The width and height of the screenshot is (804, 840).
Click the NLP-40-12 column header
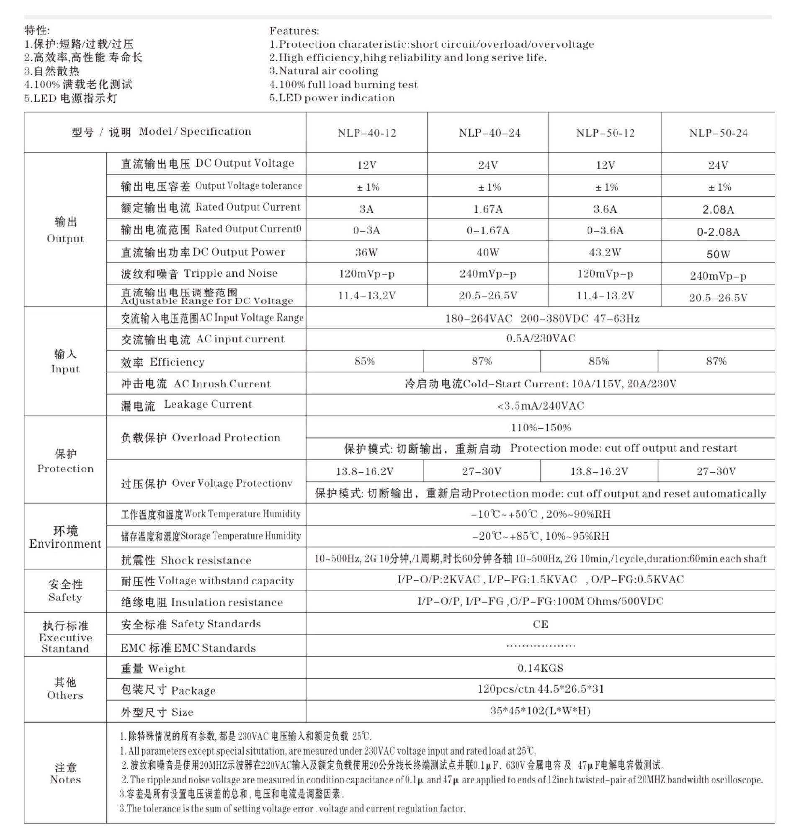(366, 133)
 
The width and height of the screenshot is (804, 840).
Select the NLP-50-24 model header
(718, 133)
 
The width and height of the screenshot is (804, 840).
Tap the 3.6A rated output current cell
(605, 209)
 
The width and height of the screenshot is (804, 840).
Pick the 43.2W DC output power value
(605, 253)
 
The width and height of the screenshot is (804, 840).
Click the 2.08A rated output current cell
(718, 209)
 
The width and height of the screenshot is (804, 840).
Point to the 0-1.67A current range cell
(488, 231)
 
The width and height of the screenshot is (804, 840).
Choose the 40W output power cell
(488, 253)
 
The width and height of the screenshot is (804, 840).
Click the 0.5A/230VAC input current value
(541, 339)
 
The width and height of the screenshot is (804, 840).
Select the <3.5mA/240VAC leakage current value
(541, 405)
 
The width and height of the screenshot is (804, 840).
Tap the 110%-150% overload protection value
(541, 427)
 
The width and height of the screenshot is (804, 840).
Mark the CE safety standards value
(541, 624)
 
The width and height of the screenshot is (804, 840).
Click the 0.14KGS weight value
(541, 668)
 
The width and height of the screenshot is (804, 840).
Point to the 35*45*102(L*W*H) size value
(541, 711)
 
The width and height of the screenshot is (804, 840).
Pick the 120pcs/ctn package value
(541, 689)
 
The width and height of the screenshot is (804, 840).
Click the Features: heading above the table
(294, 31)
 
